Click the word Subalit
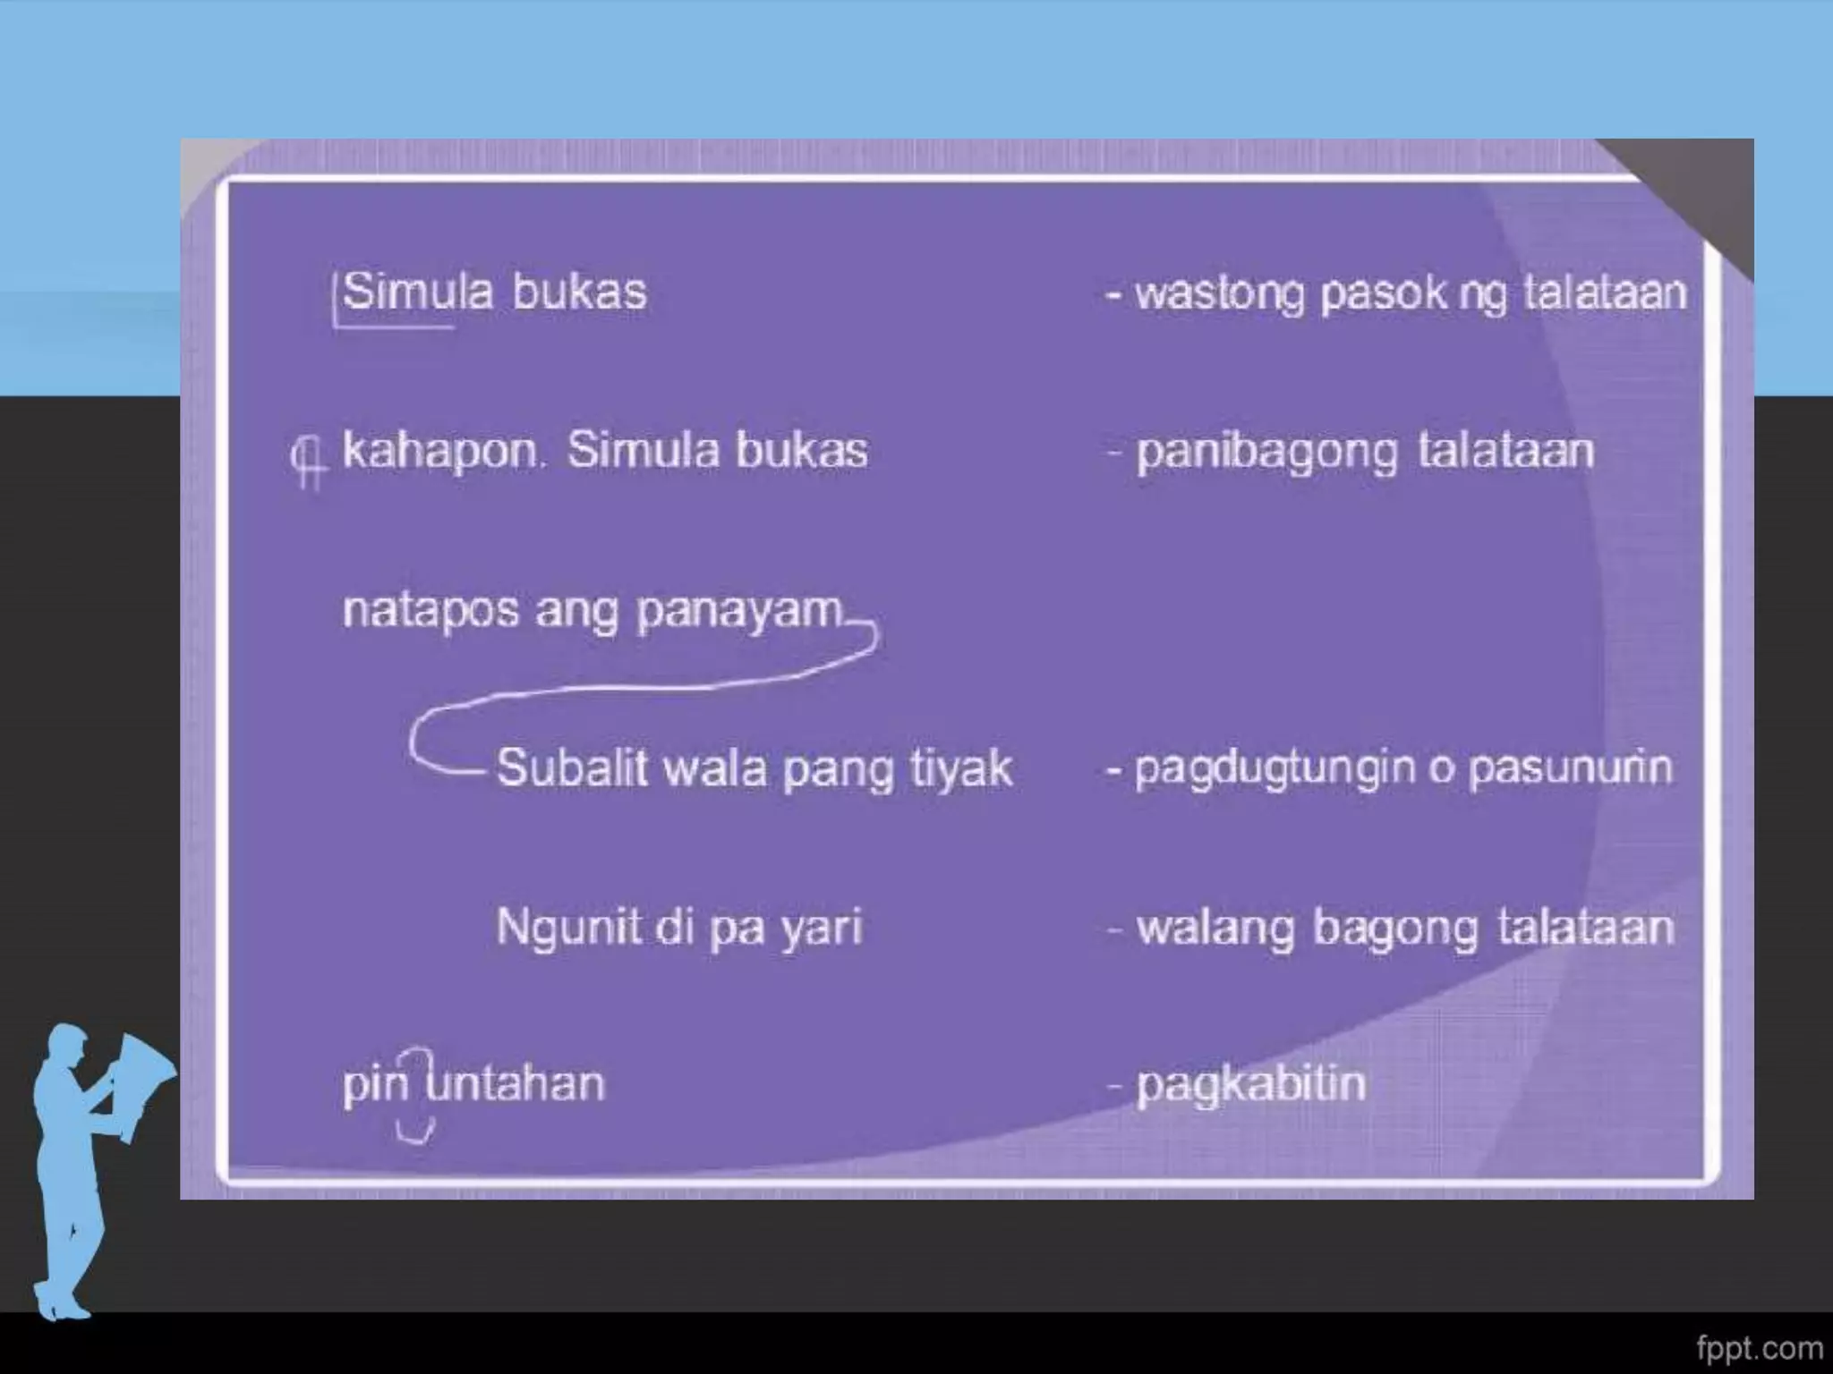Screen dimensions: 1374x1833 [571, 768]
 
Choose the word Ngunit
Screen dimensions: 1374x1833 [569, 928]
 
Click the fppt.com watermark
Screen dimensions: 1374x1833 [1759, 1347]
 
